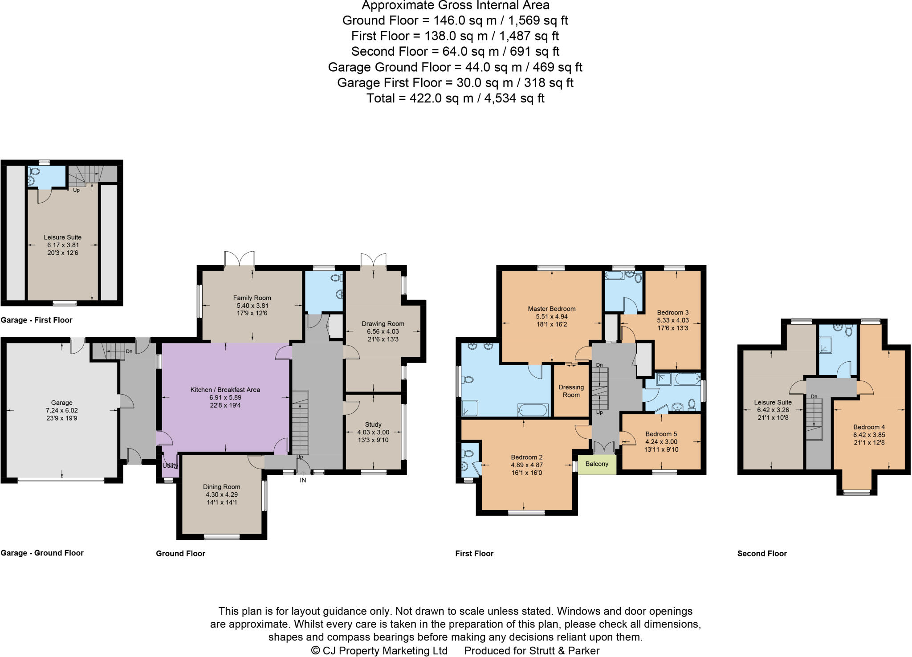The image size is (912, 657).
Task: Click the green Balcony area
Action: (x=597, y=464)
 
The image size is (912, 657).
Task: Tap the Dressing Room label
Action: (x=571, y=391)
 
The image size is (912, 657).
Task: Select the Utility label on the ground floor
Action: (x=170, y=465)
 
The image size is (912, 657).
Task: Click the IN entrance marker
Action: (x=303, y=480)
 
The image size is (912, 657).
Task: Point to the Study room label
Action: (x=373, y=424)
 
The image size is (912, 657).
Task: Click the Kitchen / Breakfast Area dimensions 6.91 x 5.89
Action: (x=225, y=397)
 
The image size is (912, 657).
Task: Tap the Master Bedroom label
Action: (x=551, y=309)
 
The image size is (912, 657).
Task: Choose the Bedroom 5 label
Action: (x=661, y=434)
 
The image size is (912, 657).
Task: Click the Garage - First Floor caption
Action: (x=37, y=320)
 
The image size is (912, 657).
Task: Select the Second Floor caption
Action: (x=762, y=554)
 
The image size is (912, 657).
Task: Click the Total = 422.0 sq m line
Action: (x=455, y=98)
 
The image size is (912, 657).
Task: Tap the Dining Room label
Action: (x=222, y=487)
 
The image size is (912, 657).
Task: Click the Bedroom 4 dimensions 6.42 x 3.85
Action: (x=869, y=435)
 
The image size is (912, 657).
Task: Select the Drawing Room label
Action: (x=383, y=324)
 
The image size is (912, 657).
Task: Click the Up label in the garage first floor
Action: (x=76, y=190)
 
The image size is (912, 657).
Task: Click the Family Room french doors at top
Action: (x=240, y=258)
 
